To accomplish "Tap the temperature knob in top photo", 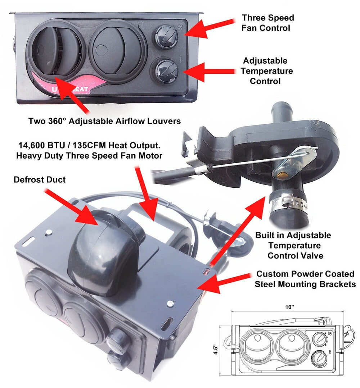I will coord(166,70).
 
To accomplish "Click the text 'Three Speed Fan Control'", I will coord(268,23).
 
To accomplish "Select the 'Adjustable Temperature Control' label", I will coord(266,71).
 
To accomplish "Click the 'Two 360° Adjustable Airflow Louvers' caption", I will coord(104,121).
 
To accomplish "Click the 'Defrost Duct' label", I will coord(40,179).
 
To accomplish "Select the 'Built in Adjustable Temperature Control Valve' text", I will coord(294,246).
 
